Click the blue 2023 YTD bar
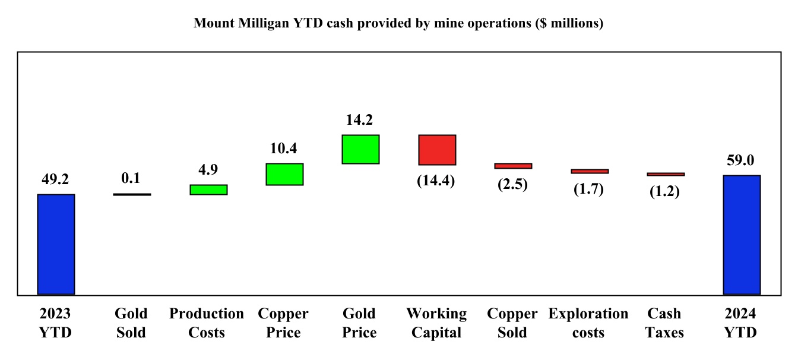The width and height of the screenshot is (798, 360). pos(56,244)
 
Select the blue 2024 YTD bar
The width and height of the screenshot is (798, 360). pos(742,235)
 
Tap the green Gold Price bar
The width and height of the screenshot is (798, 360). pos(360,149)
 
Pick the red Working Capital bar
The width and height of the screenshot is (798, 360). pos(437,150)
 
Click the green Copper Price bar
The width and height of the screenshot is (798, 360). pos(284,174)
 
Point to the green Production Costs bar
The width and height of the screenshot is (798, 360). pos(208,190)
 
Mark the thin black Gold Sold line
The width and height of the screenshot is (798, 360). pos(132,194)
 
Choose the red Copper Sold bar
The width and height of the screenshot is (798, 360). pos(513,166)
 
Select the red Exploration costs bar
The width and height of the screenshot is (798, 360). pos(590,171)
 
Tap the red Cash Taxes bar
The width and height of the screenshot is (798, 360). pos(666,174)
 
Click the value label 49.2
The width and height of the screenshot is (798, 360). pos(56,179)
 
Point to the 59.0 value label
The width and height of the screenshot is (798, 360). pos(742,160)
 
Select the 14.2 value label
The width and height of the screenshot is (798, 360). pos(360,120)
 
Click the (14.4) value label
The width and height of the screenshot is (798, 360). pos(437,181)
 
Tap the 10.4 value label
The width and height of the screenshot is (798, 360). pos(284,149)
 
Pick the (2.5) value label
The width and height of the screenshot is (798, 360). pos(513,184)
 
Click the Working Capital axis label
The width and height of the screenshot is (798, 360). pos(436,323)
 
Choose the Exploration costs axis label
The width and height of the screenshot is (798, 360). pos(588,323)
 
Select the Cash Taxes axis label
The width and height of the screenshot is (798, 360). pos(665,323)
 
